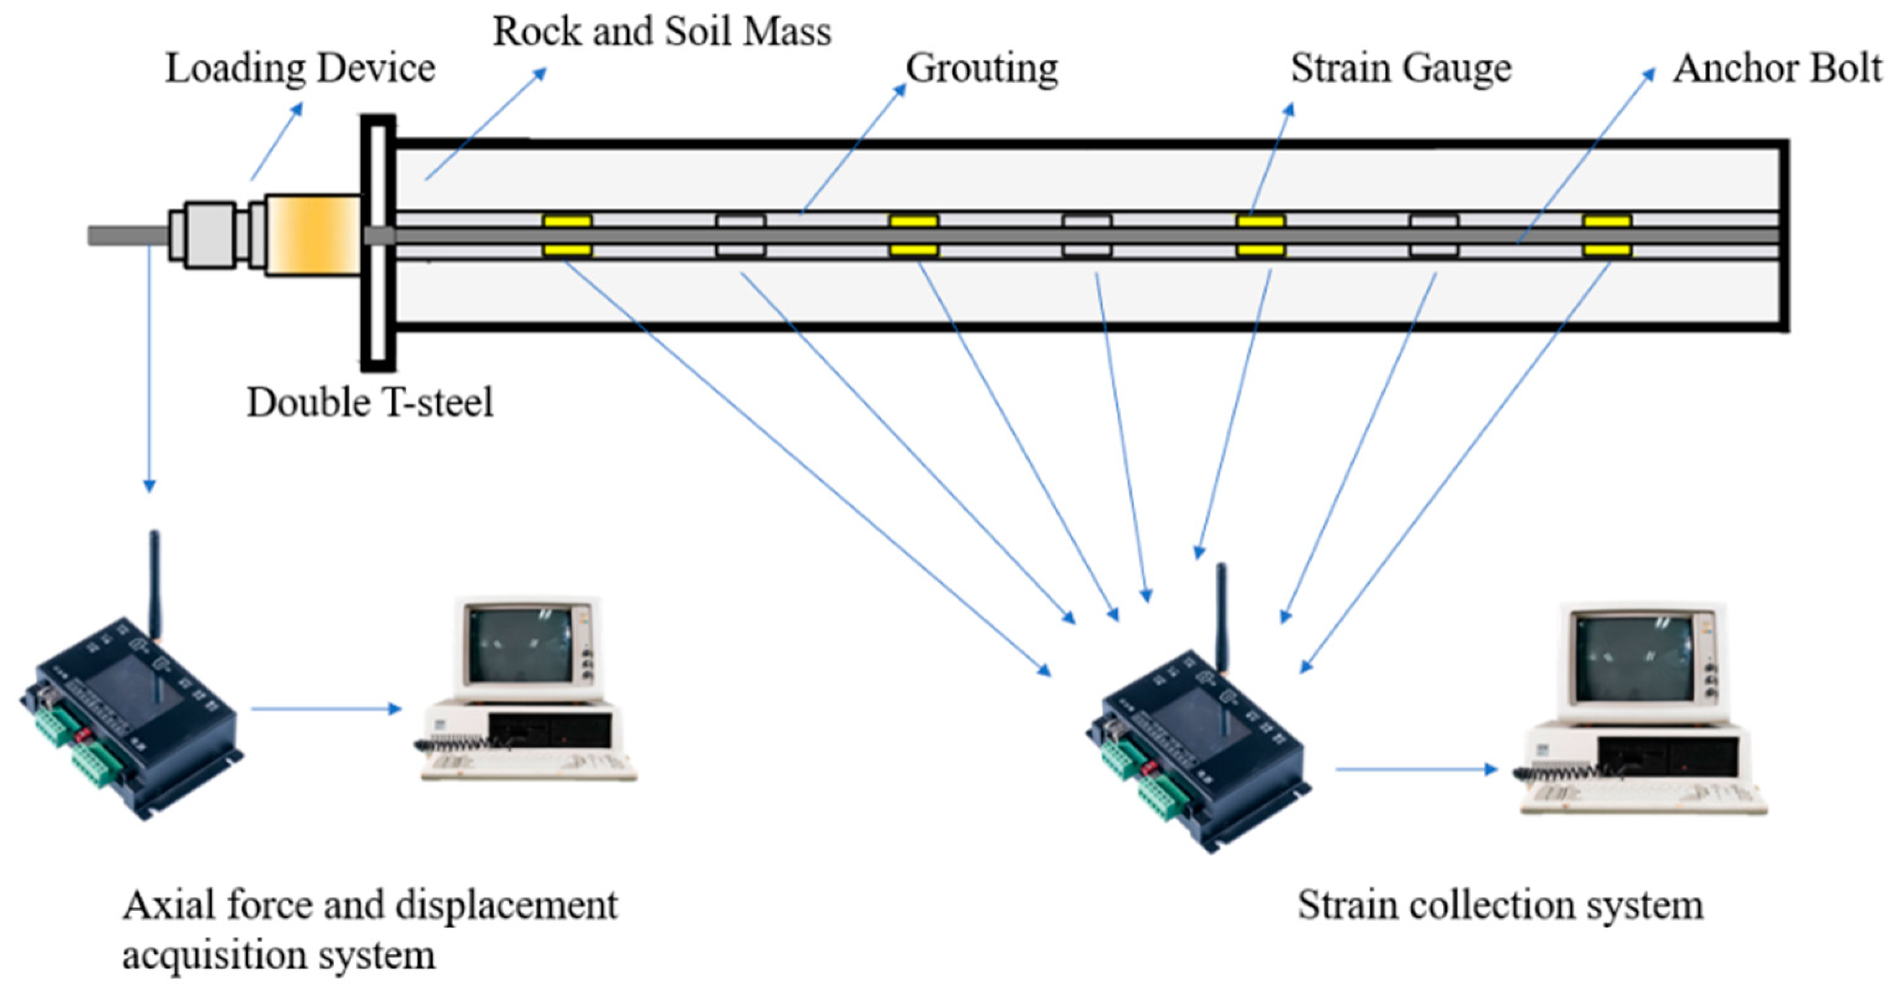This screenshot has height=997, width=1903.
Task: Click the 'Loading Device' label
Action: pyautogui.click(x=299, y=69)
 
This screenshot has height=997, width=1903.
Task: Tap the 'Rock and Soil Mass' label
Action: pyautogui.click(x=661, y=32)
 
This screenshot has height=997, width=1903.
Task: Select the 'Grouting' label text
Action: pyautogui.click(x=981, y=69)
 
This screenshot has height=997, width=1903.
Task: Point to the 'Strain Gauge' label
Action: pyautogui.click(x=1400, y=69)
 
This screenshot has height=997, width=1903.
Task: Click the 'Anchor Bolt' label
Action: pyautogui.click(x=1776, y=69)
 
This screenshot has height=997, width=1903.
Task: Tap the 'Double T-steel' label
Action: pyautogui.click(x=369, y=403)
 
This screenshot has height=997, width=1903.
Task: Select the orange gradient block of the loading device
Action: pyautogui.click(x=313, y=236)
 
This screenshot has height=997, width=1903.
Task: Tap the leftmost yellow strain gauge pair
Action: pyautogui.click(x=567, y=236)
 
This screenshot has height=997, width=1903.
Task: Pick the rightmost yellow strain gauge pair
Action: pyautogui.click(x=1607, y=236)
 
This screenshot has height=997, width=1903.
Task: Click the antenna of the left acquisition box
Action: pyautogui.click(x=154, y=583)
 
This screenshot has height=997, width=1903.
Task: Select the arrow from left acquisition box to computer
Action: pyautogui.click(x=325, y=709)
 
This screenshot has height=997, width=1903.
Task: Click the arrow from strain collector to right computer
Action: pyautogui.click(x=1415, y=769)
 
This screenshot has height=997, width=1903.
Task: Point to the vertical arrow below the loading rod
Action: pyautogui.click(x=150, y=369)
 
